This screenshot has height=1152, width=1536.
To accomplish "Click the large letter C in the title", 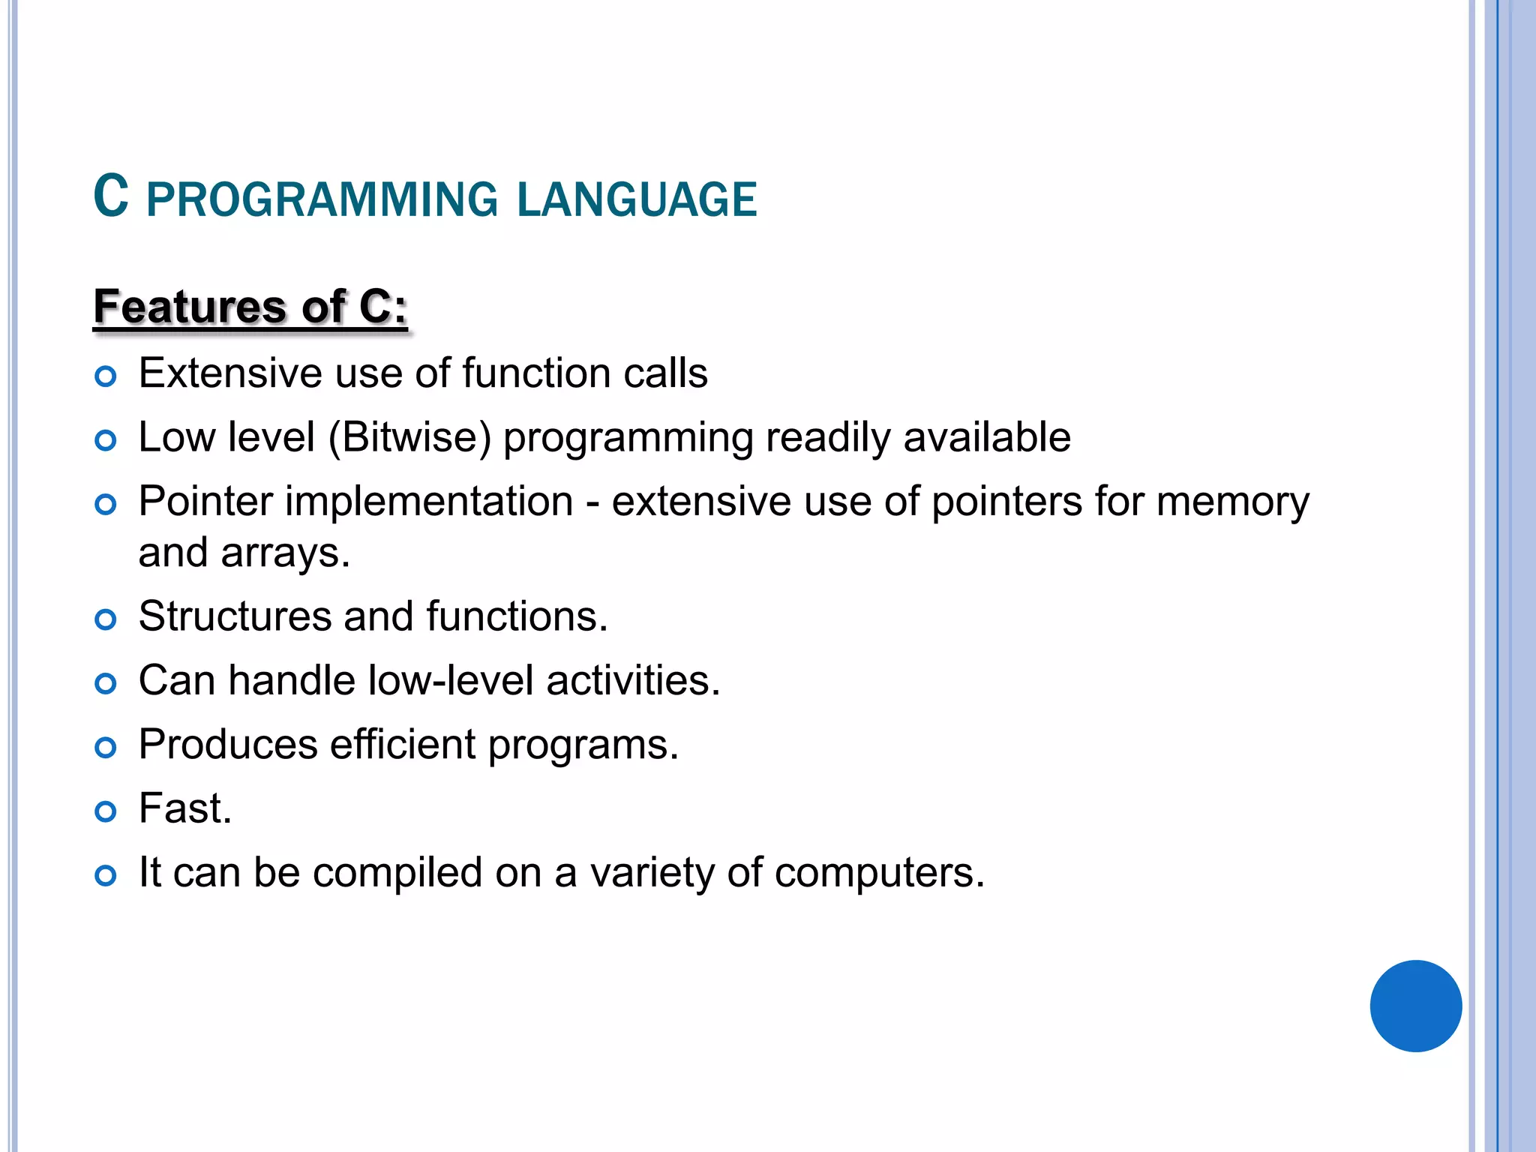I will click(x=111, y=196).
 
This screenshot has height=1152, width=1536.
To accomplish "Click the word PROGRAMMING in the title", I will click(x=322, y=200).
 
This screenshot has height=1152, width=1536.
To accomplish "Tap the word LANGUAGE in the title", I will click(x=637, y=200).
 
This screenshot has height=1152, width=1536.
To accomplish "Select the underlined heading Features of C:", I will click(x=250, y=307).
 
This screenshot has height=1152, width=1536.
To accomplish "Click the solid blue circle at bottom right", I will click(x=1415, y=1006).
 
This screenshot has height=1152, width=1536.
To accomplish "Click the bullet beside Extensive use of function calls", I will click(x=106, y=376).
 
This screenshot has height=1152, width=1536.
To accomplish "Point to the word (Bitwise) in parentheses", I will click(x=409, y=437).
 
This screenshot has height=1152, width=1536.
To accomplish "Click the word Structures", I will click(x=235, y=616).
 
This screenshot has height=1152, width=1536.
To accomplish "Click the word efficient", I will click(x=403, y=744).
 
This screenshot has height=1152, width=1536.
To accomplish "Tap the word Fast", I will click(x=184, y=808).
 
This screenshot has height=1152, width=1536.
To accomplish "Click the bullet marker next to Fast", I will click(x=106, y=811).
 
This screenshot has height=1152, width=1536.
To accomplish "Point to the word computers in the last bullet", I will click(x=878, y=873).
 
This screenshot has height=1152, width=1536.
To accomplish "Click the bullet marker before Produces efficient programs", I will click(x=106, y=747).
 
